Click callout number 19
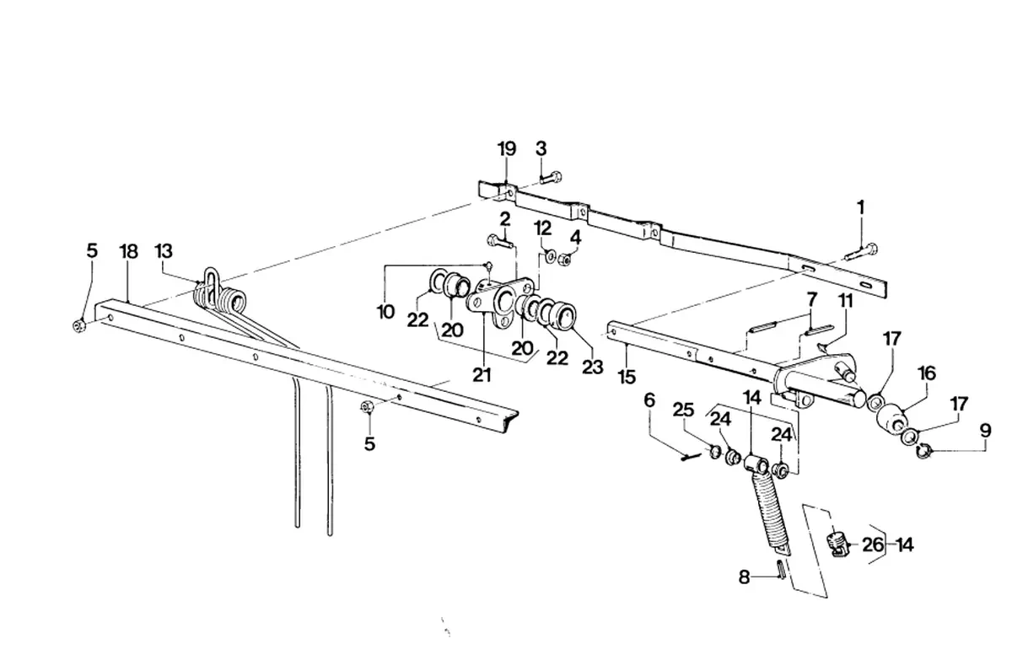[506, 150]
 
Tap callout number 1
[861, 206]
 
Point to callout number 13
[163, 250]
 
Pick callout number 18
[127, 250]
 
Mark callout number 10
[385, 312]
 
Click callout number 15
[626, 376]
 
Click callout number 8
[744, 578]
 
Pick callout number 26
[873, 545]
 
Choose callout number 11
[845, 299]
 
